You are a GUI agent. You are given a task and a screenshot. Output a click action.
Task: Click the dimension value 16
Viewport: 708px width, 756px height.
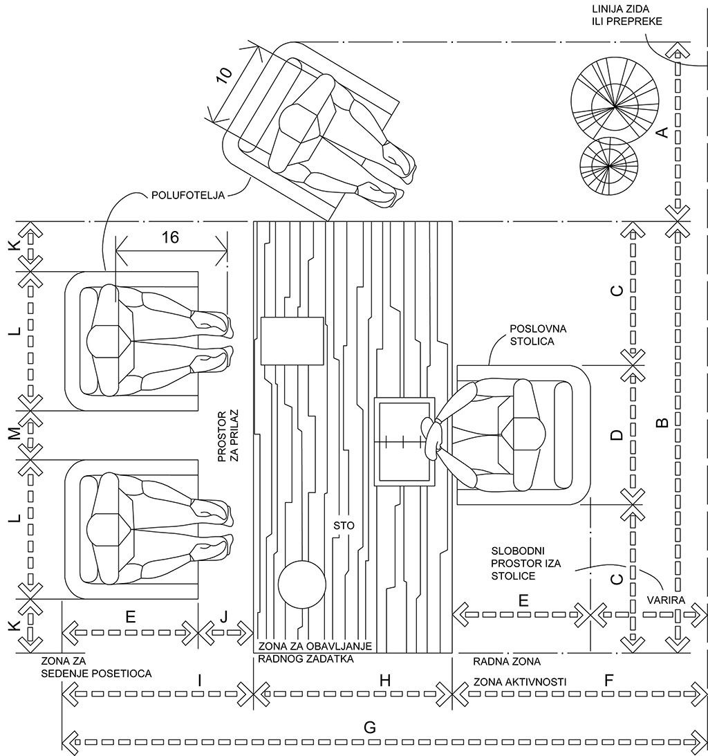[171, 238]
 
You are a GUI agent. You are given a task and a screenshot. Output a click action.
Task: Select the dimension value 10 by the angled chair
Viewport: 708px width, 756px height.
[224, 75]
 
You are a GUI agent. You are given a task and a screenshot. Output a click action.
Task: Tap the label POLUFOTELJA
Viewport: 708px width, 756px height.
[188, 196]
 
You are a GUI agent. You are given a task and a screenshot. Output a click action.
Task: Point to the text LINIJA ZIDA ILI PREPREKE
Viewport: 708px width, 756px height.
[627, 15]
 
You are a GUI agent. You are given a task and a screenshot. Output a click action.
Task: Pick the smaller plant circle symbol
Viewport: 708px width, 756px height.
[609, 166]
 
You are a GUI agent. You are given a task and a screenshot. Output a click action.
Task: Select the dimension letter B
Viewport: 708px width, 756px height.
[663, 423]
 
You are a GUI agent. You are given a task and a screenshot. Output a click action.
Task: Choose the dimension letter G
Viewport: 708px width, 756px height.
[370, 728]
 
